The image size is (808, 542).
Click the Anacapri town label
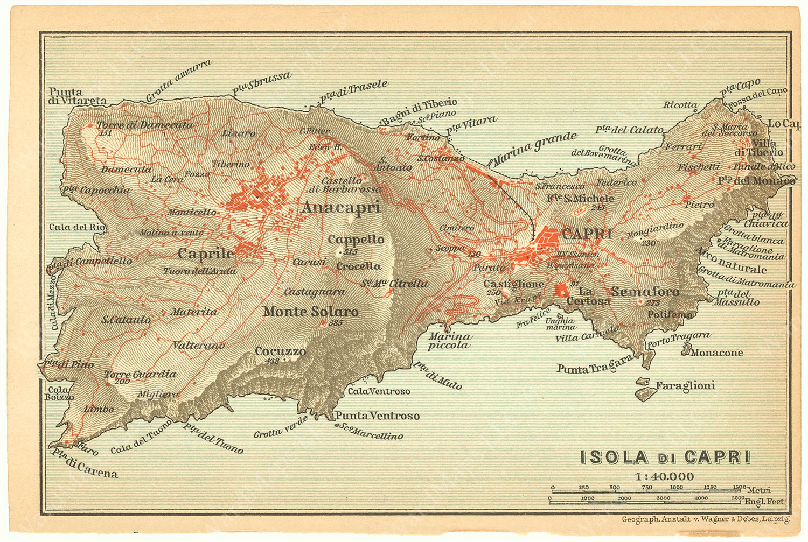tap(340, 207)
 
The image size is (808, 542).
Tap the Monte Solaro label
tap(310, 312)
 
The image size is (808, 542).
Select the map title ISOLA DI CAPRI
tap(665, 457)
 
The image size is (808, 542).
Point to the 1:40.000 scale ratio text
tap(664, 476)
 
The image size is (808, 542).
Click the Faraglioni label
tap(685, 385)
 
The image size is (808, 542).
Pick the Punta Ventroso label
tap(377, 416)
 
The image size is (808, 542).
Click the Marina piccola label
tap(449, 341)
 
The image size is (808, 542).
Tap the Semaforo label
tap(645, 292)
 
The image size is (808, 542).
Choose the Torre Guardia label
tap(140, 374)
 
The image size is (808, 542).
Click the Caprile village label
tap(206, 253)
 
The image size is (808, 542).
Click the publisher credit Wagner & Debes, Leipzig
tap(706, 519)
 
